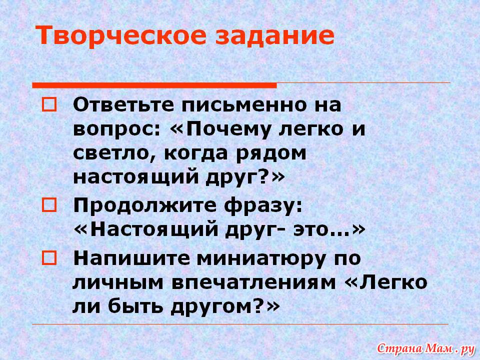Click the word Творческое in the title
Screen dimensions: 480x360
[x=121, y=36]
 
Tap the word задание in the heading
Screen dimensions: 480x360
[x=274, y=35]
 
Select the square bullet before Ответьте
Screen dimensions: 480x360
[x=49, y=104]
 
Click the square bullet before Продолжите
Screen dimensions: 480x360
[x=49, y=205]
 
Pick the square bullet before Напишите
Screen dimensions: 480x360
[x=49, y=258]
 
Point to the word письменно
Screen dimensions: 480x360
[x=244, y=104]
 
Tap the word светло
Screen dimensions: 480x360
[x=115, y=153]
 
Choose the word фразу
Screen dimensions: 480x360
[x=263, y=205]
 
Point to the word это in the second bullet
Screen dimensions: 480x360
[x=311, y=229]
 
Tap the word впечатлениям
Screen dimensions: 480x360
[x=254, y=283]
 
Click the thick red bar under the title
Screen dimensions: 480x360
[x=154, y=85]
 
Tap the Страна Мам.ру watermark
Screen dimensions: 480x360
[x=426, y=348]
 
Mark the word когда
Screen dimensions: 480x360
[x=196, y=153]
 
